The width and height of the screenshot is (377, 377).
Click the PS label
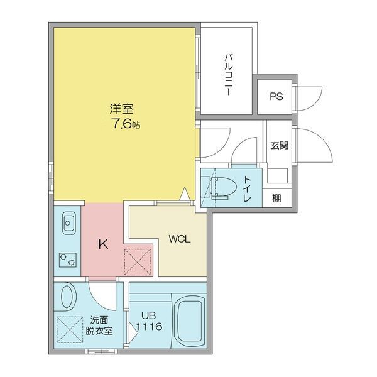(x=275, y=96)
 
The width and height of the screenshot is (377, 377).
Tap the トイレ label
(x=247, y=188)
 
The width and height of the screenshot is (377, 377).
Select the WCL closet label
(x=179, y=239)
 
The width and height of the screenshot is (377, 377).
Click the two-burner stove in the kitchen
(x=68, y=258)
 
